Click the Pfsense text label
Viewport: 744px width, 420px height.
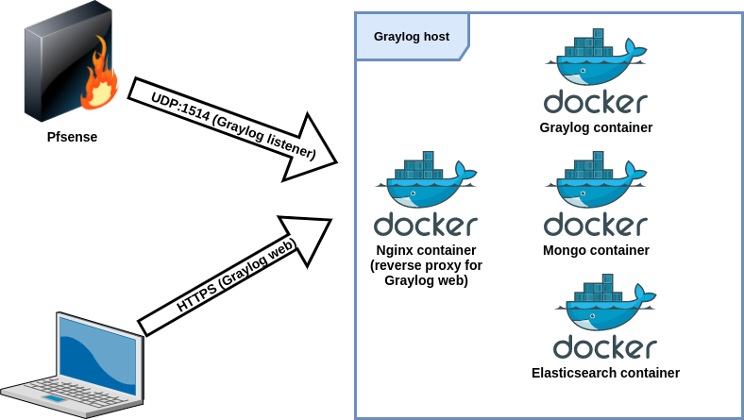point(72,137)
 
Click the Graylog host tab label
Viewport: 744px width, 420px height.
point(411,37)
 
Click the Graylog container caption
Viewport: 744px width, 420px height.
point(596,127)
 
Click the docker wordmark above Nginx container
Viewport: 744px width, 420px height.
point(426,226)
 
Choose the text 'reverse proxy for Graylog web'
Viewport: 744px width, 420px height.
point(426,273)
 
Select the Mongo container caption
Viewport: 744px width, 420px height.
point(596,250)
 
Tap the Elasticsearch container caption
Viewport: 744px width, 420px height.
point(605,373)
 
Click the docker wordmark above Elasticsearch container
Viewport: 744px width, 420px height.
point(605,347)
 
